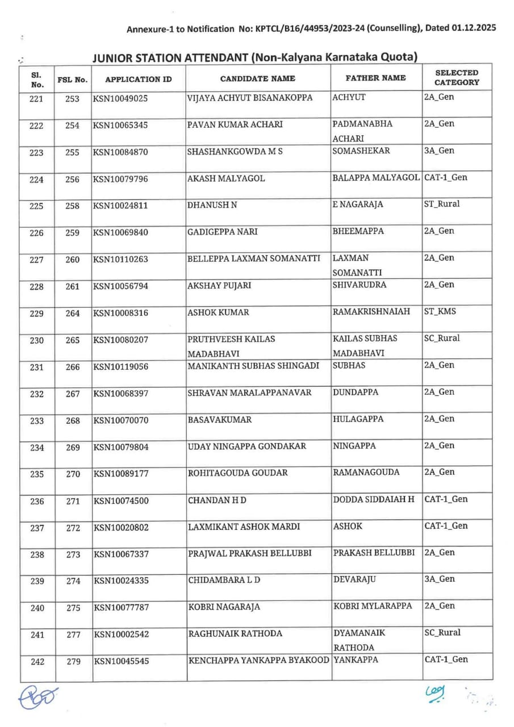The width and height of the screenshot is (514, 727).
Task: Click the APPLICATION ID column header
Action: [139, 79]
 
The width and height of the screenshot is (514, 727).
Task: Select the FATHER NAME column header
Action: [376, 78]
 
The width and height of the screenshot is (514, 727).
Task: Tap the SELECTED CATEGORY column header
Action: [457, 78]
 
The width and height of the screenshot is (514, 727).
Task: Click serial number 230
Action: [37, 340]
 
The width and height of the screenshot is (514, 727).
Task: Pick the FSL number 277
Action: [73, 635]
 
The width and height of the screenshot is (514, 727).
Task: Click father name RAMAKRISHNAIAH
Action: [371, 311]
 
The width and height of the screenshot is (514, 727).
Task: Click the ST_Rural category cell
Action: [442, 204]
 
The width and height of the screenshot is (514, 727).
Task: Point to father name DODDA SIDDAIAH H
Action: [374, 499]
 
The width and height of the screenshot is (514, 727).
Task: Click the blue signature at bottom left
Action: [39, 696]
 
